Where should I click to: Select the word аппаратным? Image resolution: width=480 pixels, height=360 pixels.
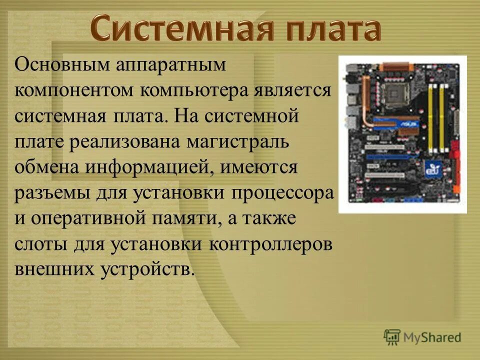click(171, 65)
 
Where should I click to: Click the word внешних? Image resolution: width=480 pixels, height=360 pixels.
click(53, 269)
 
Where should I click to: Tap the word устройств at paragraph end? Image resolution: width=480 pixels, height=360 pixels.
click(146, 269)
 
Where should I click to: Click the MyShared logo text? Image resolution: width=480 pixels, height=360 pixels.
click(432, 337)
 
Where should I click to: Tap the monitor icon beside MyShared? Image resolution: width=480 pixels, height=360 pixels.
click(392, 336)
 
